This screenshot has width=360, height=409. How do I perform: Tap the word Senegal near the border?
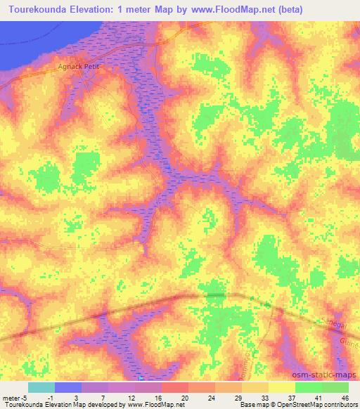tap(330, 318)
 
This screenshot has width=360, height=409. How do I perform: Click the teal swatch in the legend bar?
tap(41, 387)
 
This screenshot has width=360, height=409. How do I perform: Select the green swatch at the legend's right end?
tap(335, 387)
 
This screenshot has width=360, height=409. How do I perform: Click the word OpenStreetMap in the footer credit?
tap(311, 405)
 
